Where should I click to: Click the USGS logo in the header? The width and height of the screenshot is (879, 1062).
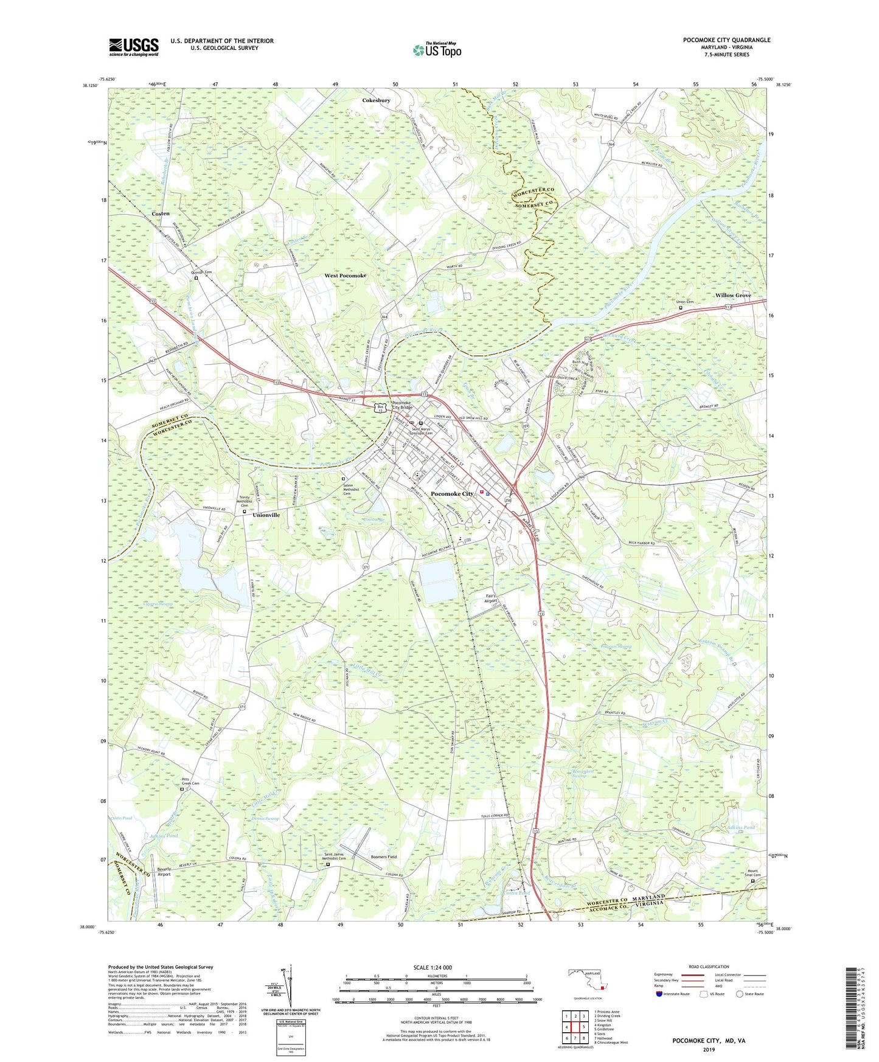133,46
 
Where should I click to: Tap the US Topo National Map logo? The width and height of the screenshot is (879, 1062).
436,50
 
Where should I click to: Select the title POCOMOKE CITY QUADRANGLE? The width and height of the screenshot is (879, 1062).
726,40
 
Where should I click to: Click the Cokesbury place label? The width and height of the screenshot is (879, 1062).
376,100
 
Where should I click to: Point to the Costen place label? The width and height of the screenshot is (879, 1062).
161,214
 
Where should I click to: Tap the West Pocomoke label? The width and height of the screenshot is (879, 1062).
345,276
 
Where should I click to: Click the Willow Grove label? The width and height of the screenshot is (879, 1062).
732,295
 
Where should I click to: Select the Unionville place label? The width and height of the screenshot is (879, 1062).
266,515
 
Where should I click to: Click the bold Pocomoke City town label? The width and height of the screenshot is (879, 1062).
451,494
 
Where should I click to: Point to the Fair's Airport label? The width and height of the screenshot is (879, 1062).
491,598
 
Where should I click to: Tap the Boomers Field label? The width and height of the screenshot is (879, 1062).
384,857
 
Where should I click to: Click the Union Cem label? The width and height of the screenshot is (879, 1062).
685,302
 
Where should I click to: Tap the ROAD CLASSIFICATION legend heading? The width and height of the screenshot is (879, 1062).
709,967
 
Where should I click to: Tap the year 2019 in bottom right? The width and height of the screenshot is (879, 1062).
709,1049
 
